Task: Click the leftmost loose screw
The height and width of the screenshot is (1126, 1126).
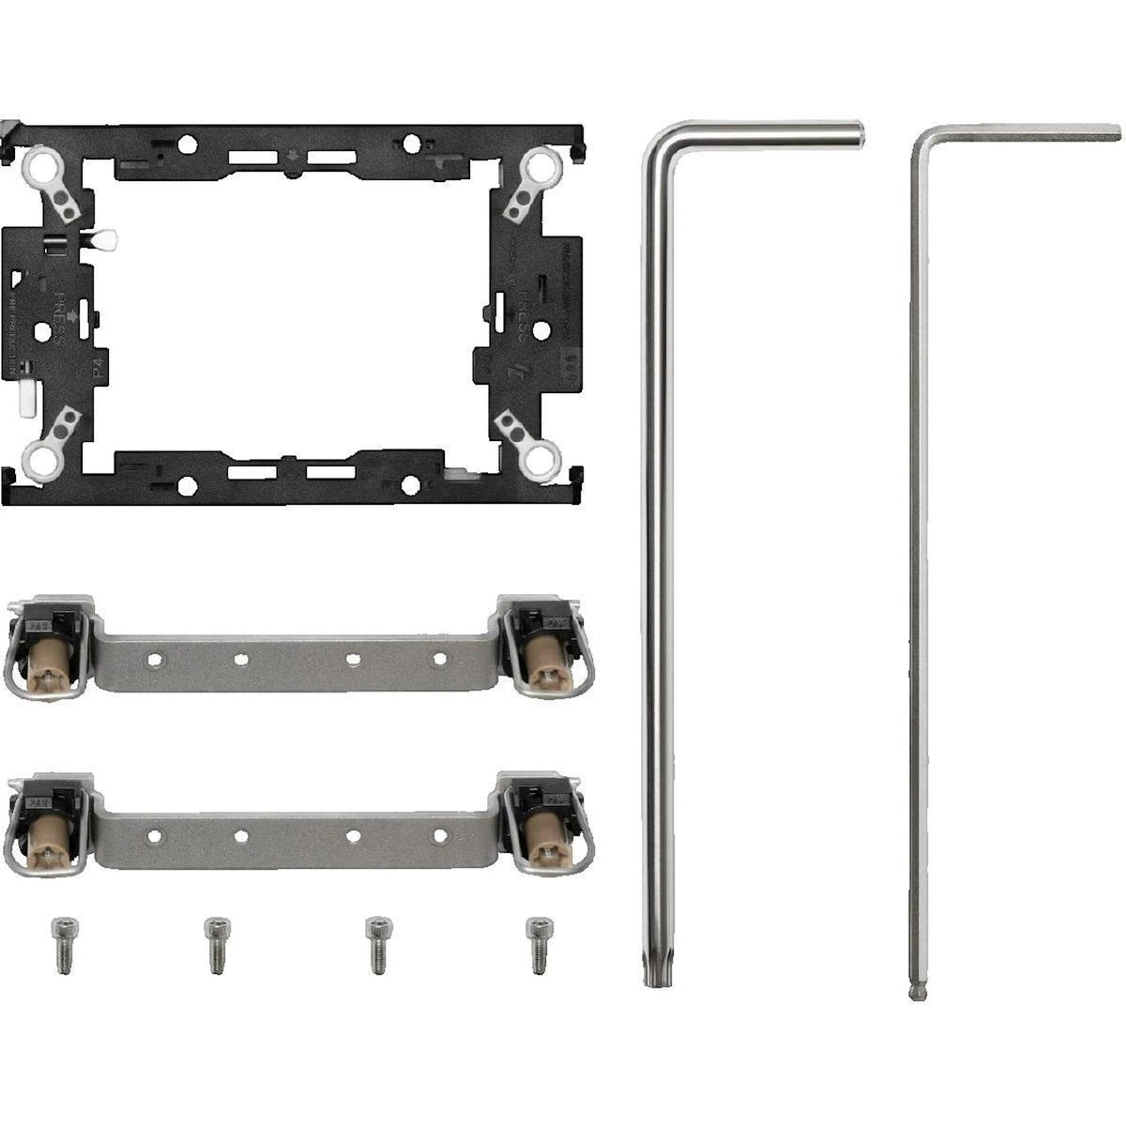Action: pos(63,943)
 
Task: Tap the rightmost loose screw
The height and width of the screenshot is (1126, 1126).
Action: pos(538,943)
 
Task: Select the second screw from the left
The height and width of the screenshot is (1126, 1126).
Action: pos(216,943)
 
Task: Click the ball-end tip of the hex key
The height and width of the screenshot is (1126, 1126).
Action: pos(916,991)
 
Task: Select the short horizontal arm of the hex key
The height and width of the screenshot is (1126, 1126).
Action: pos(1023,132)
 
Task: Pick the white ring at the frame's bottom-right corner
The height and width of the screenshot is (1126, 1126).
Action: pos(541,460)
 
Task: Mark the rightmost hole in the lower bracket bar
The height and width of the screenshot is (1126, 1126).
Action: pos(439,834)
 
